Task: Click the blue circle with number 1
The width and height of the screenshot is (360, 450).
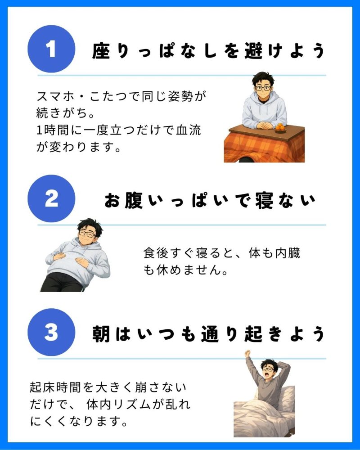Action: click(x=51, y=49)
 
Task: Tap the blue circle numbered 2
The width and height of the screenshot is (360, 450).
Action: click(x=51, y=198)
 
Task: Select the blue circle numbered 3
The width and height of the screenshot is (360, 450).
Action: click(x=51, y=333)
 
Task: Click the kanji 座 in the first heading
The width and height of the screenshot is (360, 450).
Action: click(x=101, y=51)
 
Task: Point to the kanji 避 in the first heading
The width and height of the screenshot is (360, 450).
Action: click(x=254, y=51)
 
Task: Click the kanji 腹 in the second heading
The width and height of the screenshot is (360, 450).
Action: click(x=134, y=200)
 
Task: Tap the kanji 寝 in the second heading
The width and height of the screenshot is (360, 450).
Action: click(x=264, y=200)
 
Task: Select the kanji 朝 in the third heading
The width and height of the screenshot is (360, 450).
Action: click(x=101, y=334)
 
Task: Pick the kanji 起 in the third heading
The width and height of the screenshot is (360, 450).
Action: click(x=254, y=334)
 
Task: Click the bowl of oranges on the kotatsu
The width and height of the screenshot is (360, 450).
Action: click(x=280, y=128)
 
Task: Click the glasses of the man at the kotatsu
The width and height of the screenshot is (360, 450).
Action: click(x=263, y=88)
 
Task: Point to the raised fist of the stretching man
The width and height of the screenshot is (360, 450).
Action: click(x=247, y=353)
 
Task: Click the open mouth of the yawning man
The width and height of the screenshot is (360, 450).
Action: click(x=267, y=374)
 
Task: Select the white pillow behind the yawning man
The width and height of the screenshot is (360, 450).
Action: click(x=286, y=396)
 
